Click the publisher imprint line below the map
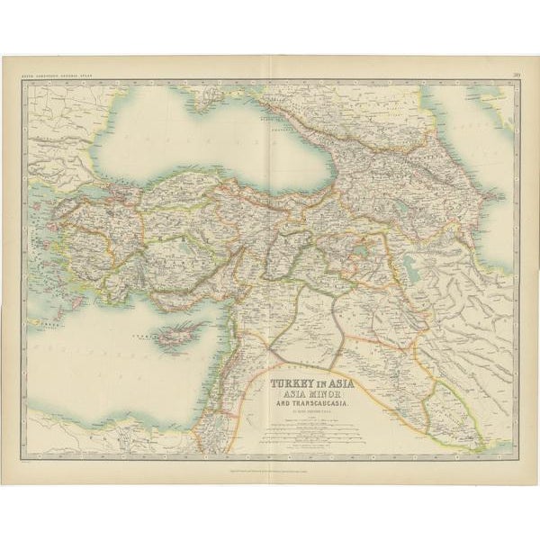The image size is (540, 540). (x=270, y=466)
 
